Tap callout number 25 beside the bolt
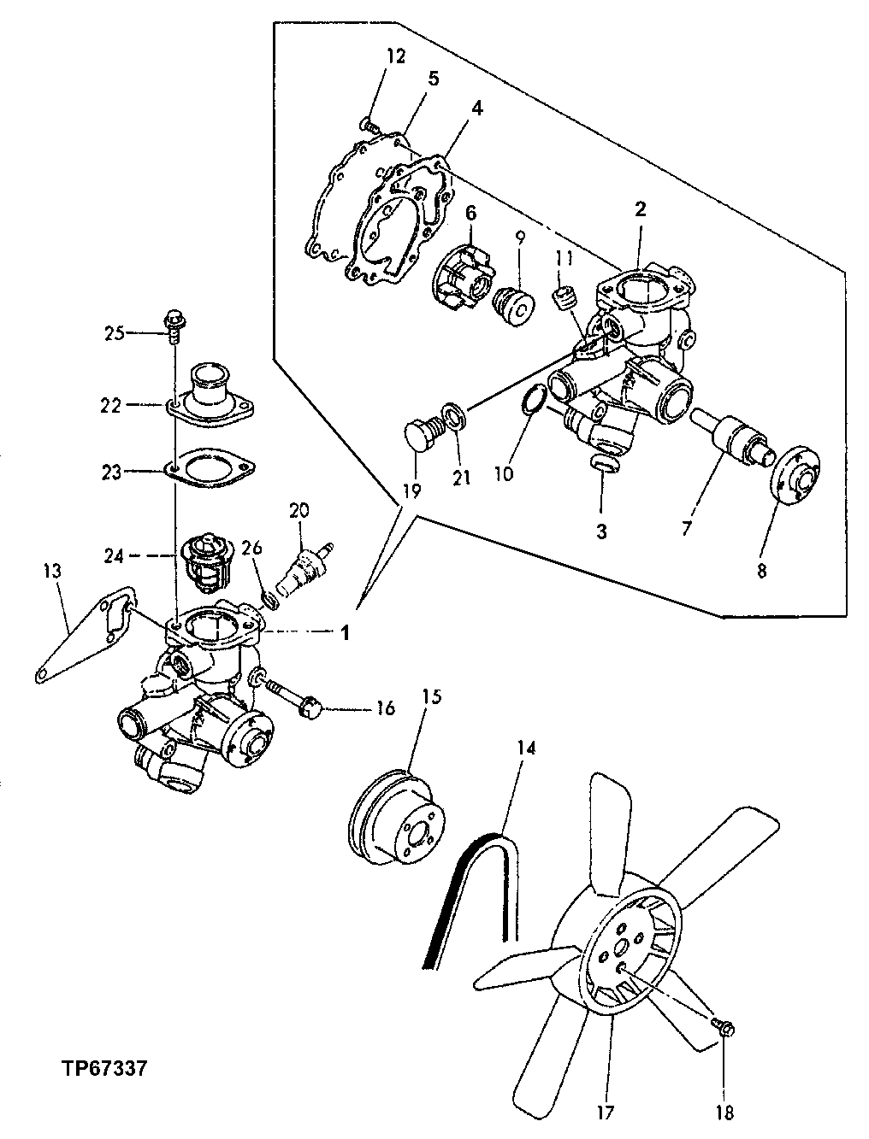(114, 333)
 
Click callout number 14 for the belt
(525, 749)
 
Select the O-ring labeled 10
(532, 399)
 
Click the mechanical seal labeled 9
(515, 306)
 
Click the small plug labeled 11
(563, 299)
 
